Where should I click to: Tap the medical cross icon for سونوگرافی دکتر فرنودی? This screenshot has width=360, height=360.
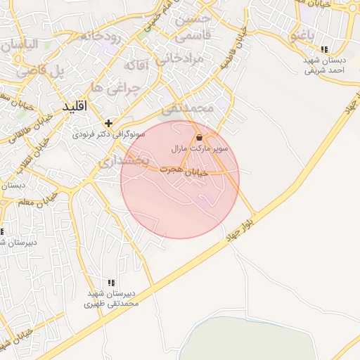pyautogui.click(x=108, y=123)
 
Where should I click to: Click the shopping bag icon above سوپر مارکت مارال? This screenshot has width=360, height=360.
pyautogui.click(x=200, y=138)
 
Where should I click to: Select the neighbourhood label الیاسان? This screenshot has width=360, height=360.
pyautogui.click(x=26, y=46)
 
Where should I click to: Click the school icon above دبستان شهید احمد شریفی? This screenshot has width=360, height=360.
pyautogui.click(x=323, y=49)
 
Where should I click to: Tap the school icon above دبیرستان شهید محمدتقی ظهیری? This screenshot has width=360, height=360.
pyautogui.click(x=110, y=283)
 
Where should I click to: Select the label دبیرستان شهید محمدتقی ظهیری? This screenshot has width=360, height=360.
pyautogui.click(x=112, y=298)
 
